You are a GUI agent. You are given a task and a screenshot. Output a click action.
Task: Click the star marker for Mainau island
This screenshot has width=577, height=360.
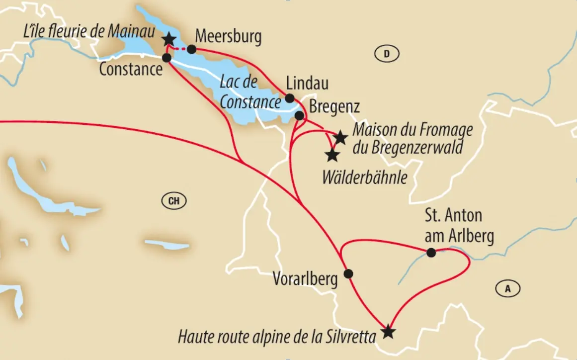pyautogui.click(x=169, y=39)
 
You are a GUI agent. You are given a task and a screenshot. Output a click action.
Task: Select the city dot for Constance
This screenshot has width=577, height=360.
pyautogui.click(x=167, y=58)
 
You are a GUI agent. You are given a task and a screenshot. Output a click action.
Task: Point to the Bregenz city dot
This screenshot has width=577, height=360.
pyautogui.click(x=299, y=115)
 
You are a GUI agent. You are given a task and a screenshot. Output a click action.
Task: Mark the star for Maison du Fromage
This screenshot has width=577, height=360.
pyautogui.click(x=340, y=137)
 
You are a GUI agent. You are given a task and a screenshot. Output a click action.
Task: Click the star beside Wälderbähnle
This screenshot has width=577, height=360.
pyautogui.click(x=332, y=155)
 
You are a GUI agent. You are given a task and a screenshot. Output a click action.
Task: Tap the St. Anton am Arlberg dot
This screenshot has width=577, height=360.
pyautogui.click(x=431, y=253)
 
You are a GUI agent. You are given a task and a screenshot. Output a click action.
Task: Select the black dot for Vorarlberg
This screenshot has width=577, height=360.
pyautogui.click(x=348, y=273)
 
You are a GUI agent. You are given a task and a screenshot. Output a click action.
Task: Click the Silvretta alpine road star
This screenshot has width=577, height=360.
pyautogui.click(x=388, y=332)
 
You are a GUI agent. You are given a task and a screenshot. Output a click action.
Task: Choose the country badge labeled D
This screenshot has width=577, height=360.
pyautogui.click(x=386, y=53)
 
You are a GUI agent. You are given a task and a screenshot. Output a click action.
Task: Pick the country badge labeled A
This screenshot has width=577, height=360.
pyautogui.click(x=507, y=288)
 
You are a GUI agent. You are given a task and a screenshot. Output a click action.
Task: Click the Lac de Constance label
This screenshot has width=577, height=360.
pyautogui.click(x=250, y=92)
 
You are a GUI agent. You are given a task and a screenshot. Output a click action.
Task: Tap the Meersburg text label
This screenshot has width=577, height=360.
pyautogui.click(x=228, y=37)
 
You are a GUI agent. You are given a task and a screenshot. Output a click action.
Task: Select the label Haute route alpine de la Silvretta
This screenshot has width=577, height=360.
pyautogui.click(x=276, y=338)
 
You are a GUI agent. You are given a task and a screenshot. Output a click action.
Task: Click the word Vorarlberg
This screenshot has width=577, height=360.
pyautogui.click(x=305, y=279)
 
